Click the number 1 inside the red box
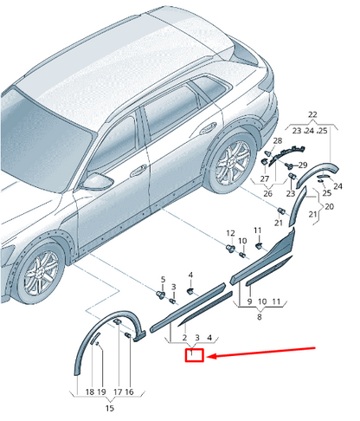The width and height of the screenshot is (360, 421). click(191, 353)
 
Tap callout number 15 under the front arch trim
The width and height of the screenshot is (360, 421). click(110, 408)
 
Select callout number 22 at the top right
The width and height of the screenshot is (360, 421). click(312, 114)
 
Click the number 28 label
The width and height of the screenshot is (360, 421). click(278, 140)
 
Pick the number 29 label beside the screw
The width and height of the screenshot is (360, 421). click(303, 165)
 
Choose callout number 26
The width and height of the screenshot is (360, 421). click(267, 193)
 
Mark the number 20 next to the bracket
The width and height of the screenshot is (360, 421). click(329, 206)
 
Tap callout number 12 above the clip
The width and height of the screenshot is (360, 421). click(230, 233)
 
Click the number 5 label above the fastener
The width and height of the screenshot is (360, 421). click(163, 279)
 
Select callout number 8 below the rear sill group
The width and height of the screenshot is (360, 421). click(260, 317)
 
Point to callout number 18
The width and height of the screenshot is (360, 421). click(90, 392)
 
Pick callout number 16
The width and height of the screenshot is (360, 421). click(129, 392)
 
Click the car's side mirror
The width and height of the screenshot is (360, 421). click(97, 181)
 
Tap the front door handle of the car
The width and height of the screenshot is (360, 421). click(138, 171)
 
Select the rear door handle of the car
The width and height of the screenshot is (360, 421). click(208, 128)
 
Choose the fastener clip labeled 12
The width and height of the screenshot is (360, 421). click(230, 248)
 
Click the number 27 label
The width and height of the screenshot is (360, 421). click(265, 179)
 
